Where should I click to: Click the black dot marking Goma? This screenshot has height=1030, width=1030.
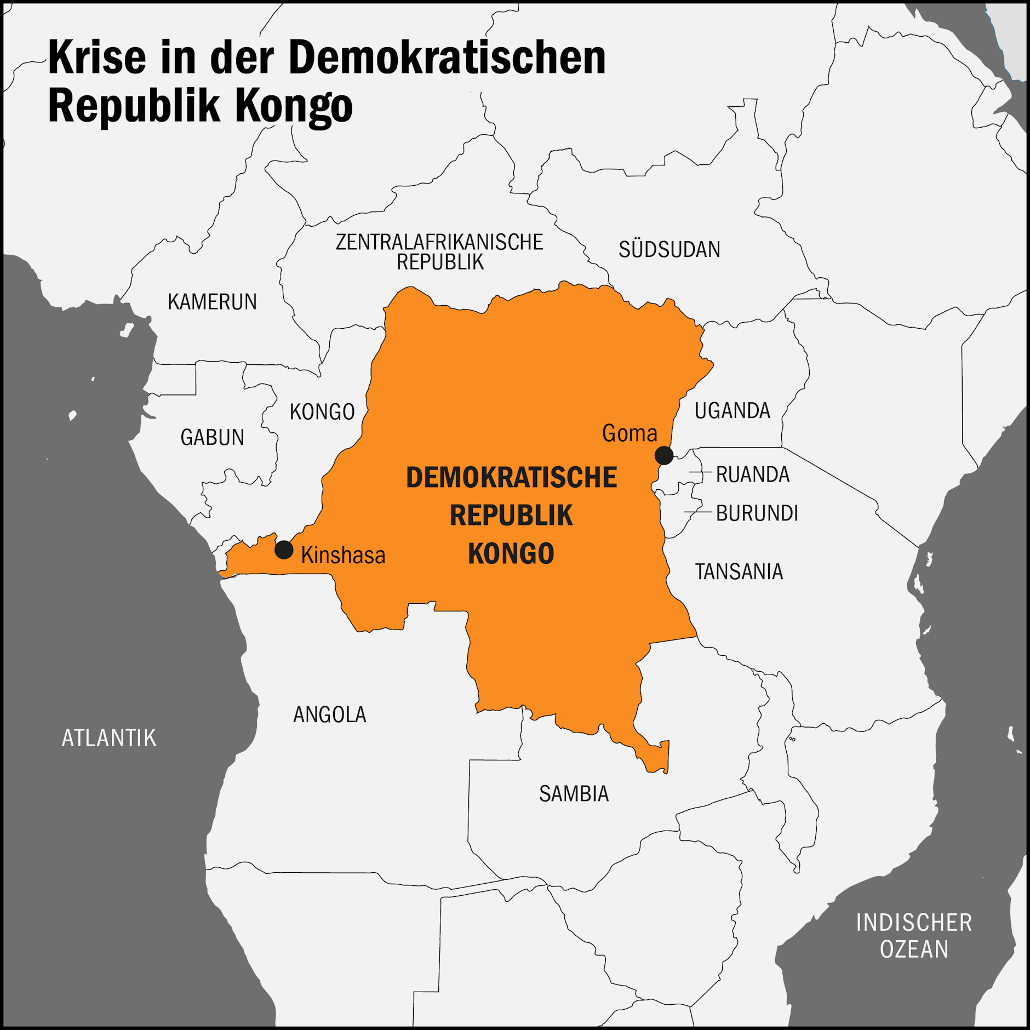pyautogui.click(x=663, y=455)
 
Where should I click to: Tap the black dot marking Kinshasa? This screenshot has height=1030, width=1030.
pyautogui.click(x=284, y=550)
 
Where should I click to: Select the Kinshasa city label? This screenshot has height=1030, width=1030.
pyautogui.click(x=343, y=556)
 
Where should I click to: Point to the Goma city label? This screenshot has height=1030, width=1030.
pyautogui.click(x=629, y=433)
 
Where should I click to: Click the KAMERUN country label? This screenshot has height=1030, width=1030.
pyautogui.click(x=212, y=302)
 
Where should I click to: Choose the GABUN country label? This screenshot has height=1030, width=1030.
pyautogui.click(x=212, y=437)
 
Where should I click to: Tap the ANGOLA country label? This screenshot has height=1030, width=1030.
pyautogui.click(x=329, y=714)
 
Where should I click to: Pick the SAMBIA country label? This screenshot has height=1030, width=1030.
pyautogui.click(x=574, y=793)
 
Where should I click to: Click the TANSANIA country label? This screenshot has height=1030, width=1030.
pyautogui.click(x=739, y=572)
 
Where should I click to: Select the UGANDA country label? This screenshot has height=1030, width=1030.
pyautogui.click(x=732, y=410)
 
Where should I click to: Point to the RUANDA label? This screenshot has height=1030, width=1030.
pyautogui.click(x=752, y=474)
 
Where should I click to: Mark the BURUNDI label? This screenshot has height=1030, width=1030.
pyautogui.click(x=757, y=513)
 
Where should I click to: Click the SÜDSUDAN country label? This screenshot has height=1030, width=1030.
pyautogui.click(x=669, y=250)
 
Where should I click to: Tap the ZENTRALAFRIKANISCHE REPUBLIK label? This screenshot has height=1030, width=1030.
pyautogui.click(x=439, y=252)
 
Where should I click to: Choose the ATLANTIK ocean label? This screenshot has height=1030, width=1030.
pyautogui.click(x=109, y=738)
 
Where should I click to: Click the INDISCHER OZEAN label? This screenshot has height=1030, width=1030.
pyautogui.click(x=914, y=936)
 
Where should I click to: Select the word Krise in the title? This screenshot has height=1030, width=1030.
pyautogui.click(x=97, y=58)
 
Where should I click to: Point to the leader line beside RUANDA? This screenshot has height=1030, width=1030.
pyautogui.click(x=700, y=472)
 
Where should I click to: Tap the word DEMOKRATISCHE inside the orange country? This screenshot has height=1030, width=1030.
pyautogui.click(x=511, y=478)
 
